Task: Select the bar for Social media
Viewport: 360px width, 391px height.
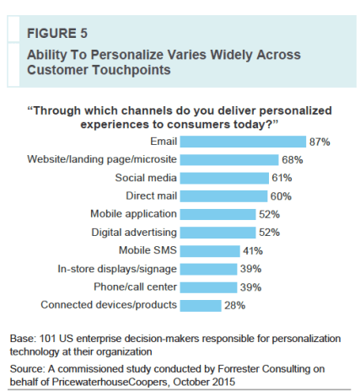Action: click(223, 178)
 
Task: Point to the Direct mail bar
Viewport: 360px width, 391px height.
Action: click(223, 196)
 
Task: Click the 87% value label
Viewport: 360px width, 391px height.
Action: click(319, 142)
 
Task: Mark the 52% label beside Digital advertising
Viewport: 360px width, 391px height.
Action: click(270, 233)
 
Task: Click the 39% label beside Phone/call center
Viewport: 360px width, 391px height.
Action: click(251, 287)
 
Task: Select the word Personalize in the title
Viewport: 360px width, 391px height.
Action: click(119, 55)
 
